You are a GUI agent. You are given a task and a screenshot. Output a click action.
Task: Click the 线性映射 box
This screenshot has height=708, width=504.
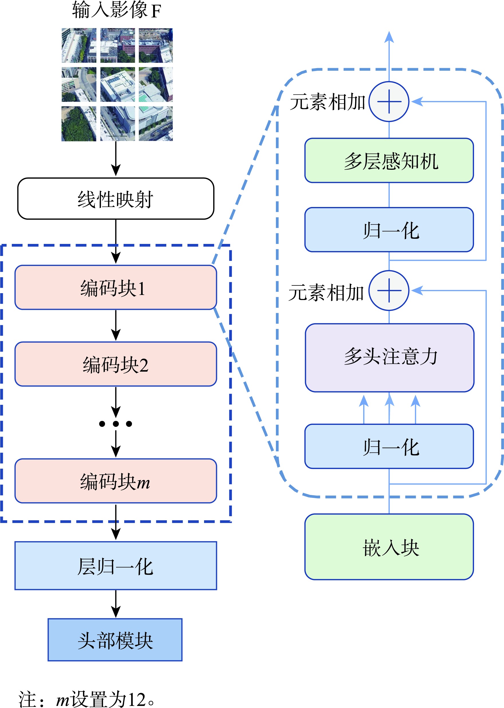[116, 199]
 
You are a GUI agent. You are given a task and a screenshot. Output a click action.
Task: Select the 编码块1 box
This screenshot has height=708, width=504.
[116, 287]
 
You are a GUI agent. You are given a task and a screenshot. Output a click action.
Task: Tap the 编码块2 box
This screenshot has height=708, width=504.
[116, 364]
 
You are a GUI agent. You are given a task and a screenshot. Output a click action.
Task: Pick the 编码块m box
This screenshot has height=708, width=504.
[116, 481]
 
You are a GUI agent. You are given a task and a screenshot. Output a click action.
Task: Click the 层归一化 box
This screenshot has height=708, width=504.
[116, 565]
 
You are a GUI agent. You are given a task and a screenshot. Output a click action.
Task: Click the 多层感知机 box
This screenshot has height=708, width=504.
[389, 161]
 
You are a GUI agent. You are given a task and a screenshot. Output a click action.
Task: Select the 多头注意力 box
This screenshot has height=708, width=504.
[390, 358]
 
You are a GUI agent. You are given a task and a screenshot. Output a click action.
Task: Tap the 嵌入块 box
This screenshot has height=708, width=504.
[389, 547]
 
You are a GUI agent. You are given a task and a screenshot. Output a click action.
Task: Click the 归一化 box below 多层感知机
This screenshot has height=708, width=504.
[389, 230]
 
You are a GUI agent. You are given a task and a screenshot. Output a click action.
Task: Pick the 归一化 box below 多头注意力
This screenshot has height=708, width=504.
[389, 446]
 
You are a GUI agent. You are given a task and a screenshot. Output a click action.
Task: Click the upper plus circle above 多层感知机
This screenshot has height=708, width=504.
[389, 102]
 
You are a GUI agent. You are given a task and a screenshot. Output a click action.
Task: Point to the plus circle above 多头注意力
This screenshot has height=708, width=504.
[389, 291]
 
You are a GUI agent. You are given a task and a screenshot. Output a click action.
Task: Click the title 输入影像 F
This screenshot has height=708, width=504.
[116, 10]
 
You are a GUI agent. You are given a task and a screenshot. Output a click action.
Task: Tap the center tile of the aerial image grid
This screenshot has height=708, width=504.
[118, 84]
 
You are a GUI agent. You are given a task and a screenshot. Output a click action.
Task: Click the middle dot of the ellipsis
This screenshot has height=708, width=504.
[116, 424]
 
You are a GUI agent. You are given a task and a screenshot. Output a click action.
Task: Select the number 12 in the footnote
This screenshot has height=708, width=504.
[137, 700]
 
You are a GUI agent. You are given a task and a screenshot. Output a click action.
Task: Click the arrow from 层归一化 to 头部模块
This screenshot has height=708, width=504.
[116, 604]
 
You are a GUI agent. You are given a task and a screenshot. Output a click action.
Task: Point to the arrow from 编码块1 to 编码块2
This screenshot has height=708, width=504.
[116, 325]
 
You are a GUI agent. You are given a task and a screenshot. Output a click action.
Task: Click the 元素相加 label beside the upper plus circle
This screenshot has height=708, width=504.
[327, 102]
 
